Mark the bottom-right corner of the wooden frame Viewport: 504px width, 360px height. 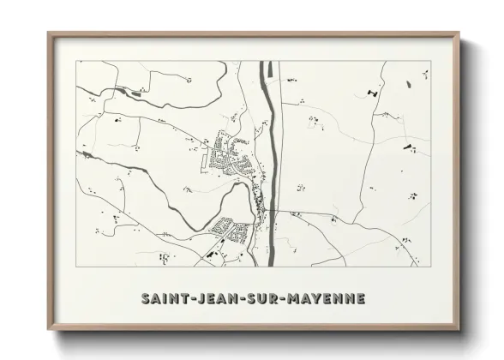[x=459, y=329]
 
